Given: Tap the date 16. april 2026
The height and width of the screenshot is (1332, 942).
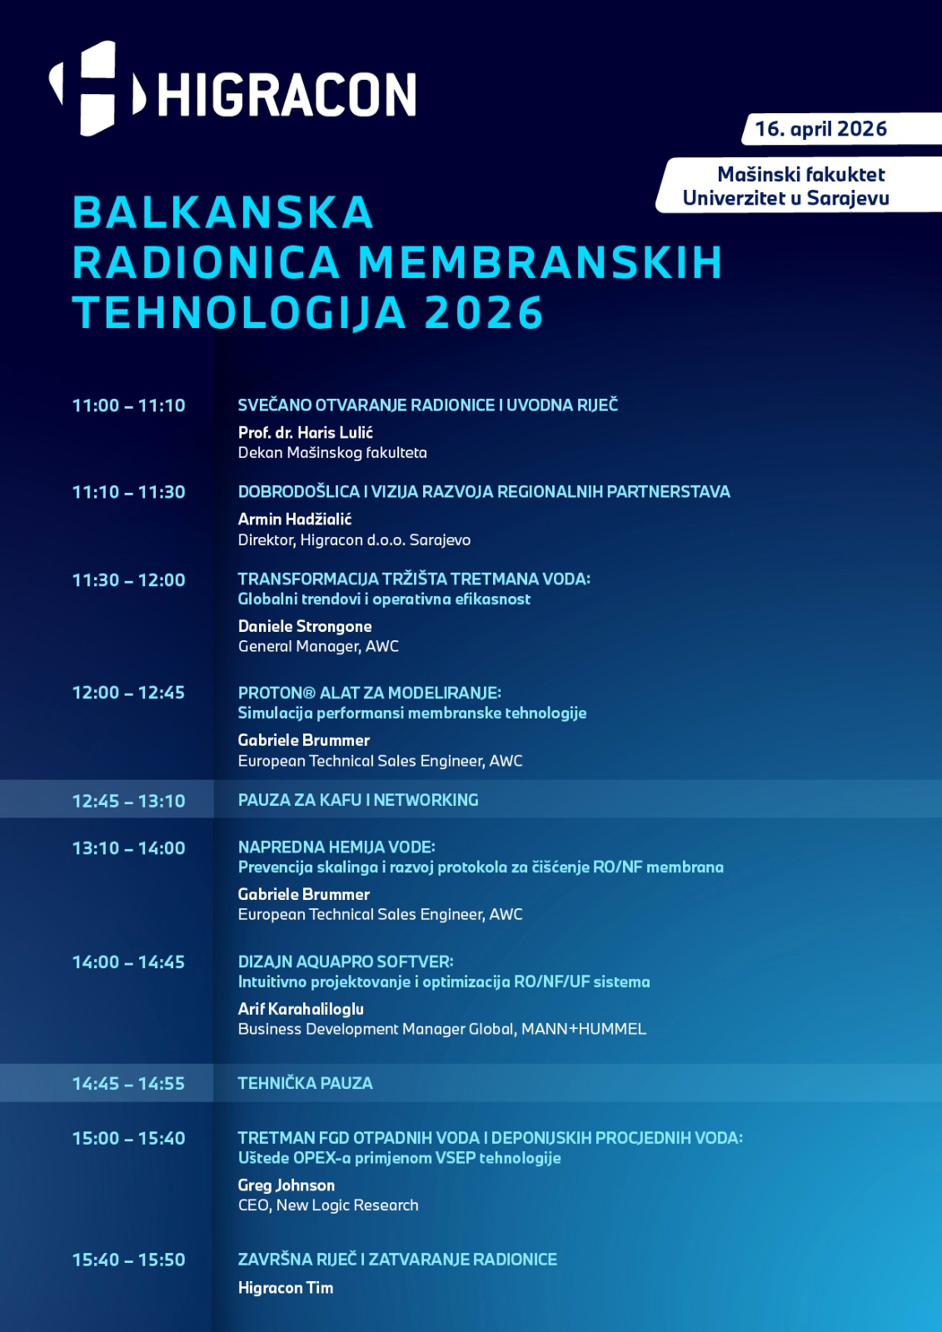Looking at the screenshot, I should [x=820, y=129].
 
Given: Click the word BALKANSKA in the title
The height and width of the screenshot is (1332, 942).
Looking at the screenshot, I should [x=222, y=212].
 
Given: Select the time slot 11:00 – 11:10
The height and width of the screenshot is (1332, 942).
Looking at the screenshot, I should [x=128, y=405].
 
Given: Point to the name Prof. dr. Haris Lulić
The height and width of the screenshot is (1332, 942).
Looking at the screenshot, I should [x=305, y=432].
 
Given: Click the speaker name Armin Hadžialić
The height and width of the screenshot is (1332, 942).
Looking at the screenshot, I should [x=295, y=519].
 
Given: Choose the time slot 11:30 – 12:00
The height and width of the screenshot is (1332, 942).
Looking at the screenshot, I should [x=128, y=580].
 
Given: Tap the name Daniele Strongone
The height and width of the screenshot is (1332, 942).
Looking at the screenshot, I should [x=305, y=626].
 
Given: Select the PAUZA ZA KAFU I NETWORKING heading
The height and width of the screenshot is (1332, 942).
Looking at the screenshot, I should [x=358, y=800].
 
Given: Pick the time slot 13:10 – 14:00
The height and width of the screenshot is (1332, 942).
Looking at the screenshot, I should [x=128, y=848].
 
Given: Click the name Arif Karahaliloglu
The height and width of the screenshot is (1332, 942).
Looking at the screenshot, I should [x=301, y=1009].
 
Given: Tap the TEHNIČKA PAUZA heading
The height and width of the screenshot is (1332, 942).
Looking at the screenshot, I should [x=305, y=1083].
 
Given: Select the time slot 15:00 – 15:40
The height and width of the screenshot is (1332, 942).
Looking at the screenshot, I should [x=128, y=1138].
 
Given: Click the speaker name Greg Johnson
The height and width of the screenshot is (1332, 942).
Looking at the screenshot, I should [x=287, y=1185].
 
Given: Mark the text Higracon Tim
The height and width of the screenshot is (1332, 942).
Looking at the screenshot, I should [x=286, y=1288].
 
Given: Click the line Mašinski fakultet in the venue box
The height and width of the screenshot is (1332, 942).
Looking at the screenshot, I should [x=801, y=175].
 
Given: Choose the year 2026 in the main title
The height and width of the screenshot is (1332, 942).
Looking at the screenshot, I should [x=484, y=313].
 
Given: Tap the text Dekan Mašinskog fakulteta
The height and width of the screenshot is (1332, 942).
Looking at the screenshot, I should [x=332, y=453].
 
